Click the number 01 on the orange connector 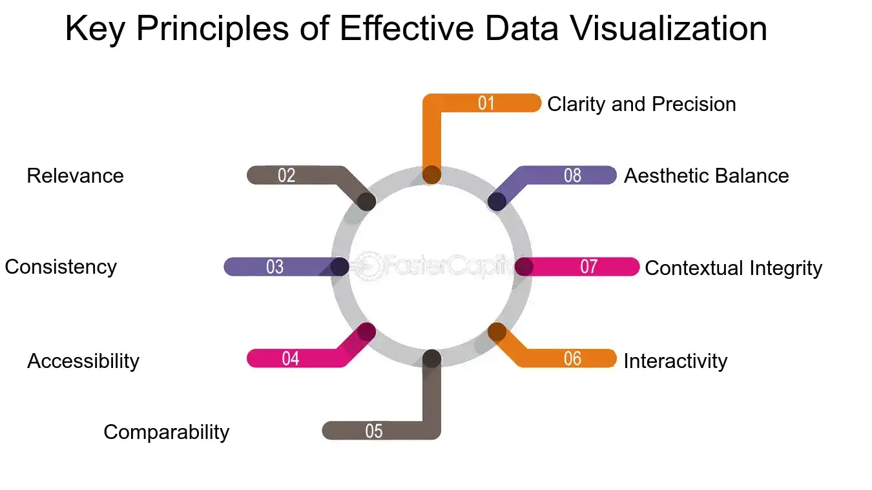coord(486,103)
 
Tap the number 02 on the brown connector coord(287,176)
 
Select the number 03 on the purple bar coord(275,267)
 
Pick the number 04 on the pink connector coord(291,358)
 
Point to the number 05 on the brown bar coord(374,431)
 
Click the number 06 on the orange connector coord(572,358)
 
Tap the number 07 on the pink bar coord(588,267)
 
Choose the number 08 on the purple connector coord(572,176)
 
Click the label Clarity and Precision coord(641,105)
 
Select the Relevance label coord(75,176)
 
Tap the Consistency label coord(61,268)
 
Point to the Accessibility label coord(83,361)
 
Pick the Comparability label coord(167,433)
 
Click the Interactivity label coord(676,361)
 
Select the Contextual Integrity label coord(733,269)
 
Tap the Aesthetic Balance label coord(707,176)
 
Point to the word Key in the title coord(96,30)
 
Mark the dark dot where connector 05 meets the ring coord(431,358)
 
